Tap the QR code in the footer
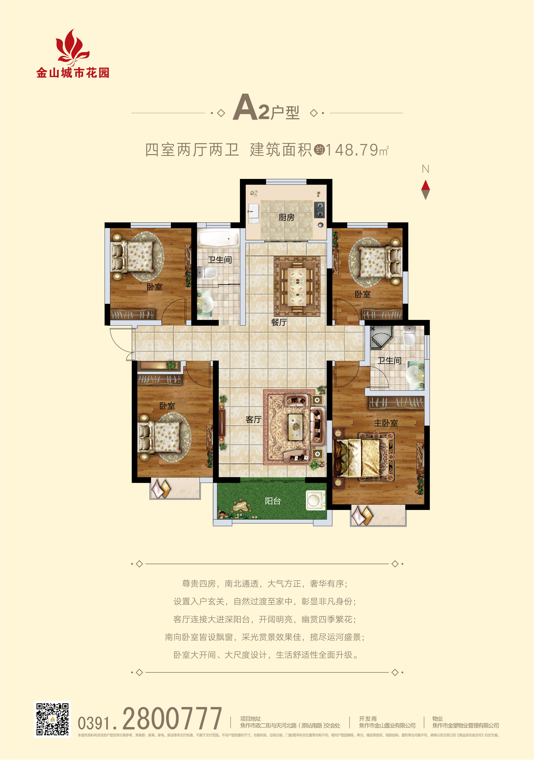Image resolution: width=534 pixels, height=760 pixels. tap(52, 719)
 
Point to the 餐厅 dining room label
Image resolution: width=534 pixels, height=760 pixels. tap(279, 322)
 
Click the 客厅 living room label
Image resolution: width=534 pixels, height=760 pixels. tap(254, 419)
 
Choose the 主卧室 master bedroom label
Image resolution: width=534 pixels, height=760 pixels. tap(386, 423)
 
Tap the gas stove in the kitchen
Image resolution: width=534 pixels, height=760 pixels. tap(319, 210)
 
